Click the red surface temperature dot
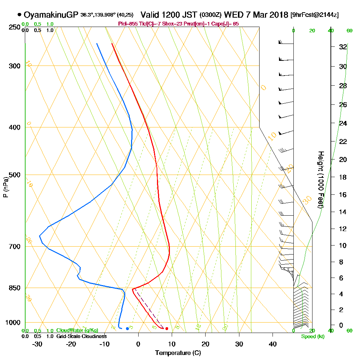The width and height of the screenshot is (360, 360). point(167,328)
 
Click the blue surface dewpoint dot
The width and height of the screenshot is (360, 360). point(127,328)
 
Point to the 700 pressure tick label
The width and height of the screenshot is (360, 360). point(15,247)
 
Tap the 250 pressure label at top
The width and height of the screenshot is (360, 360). point(15,27)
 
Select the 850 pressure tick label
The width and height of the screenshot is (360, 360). point(15,288)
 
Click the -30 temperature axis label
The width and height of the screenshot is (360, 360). point(37,344)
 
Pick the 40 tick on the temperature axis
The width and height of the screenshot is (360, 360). point(273,344)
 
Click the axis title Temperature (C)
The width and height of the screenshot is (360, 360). point(178,353)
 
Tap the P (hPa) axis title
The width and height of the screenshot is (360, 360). point(5,187)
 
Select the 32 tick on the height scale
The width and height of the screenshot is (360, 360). point(343,47)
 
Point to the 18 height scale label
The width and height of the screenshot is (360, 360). point(343,177)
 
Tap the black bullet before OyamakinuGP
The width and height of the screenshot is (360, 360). point(19,15)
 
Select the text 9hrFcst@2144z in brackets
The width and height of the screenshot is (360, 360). point(314,15)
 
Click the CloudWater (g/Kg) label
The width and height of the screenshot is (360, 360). point(77,330)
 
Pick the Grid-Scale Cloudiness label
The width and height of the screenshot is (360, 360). point(81,336)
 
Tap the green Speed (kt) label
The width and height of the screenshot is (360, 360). point(312,337)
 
